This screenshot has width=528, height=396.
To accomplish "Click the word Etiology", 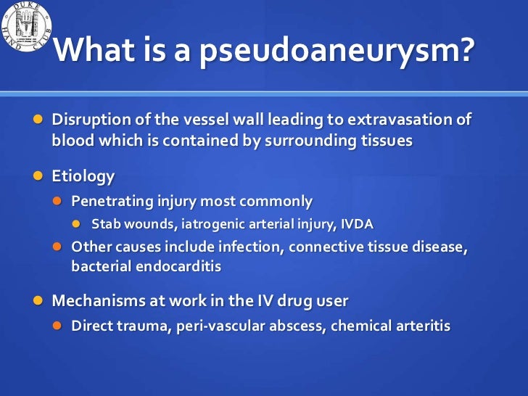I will point(83,176).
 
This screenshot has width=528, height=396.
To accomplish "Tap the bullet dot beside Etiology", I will point(36,176).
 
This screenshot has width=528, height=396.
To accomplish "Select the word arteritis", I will point(421,326).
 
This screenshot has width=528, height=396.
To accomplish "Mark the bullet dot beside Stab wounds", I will point(75,224).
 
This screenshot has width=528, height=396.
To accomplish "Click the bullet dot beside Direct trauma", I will point(56,326).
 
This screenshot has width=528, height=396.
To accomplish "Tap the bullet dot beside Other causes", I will point(56,247).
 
